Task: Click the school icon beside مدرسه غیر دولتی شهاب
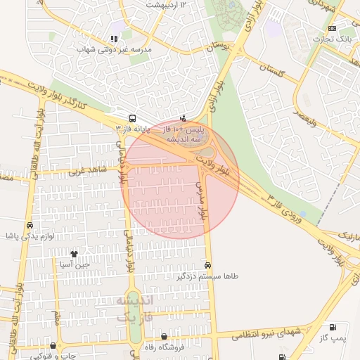[x=114, y=39]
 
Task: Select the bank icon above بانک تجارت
[x=332, y=28]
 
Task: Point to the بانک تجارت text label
[x=333, y=39]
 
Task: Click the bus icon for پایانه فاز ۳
[x=133, y=118]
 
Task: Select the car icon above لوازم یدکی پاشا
[x=30, y=226]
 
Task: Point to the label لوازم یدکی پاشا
[x=28, y=236]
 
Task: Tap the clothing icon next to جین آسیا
[x=74, y=253]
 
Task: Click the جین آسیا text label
[x=74, y=264]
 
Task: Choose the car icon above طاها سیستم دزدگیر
[x=207, y=266]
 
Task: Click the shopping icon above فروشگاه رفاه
[x=165, y=337]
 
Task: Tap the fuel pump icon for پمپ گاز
[x=332, y=327]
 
